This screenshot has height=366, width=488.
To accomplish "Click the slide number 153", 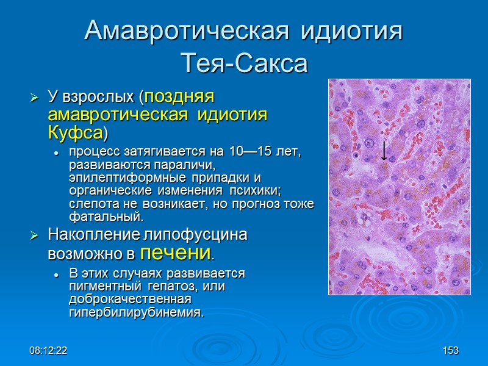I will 450,351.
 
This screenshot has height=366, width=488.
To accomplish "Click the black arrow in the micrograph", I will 384,150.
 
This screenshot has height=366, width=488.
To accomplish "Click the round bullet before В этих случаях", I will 56,274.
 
